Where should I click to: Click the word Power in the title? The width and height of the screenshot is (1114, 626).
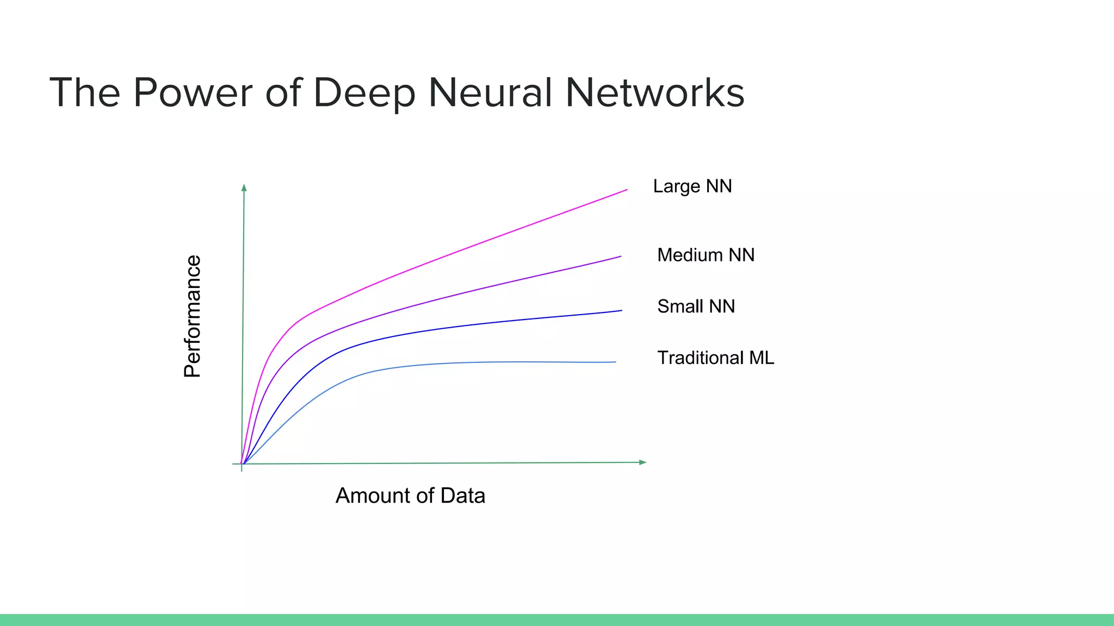(193, 93)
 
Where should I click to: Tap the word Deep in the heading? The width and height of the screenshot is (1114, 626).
(364, 93)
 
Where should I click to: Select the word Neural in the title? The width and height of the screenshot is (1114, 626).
(490, 92)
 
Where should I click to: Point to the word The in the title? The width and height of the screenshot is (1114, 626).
(84, 92)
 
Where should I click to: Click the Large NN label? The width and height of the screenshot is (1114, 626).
(692, 186)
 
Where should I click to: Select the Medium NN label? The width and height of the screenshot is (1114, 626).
(705, 255)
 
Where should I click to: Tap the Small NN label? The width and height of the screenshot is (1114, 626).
(696, 306)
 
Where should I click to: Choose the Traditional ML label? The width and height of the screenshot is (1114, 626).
(715, 358)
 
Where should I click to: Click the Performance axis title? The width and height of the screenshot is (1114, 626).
(193, 316)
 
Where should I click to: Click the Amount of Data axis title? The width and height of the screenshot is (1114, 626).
(410, 496)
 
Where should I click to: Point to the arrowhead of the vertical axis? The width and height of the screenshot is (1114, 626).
(244, 187)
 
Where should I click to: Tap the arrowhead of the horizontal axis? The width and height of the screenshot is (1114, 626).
(643, 462)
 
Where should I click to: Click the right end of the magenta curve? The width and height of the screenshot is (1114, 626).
(627, 190)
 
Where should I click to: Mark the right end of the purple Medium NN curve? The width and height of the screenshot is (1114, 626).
(620, 256)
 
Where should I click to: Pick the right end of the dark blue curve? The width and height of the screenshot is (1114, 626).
(621, 311)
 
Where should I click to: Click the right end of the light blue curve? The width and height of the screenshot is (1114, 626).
(615, 362)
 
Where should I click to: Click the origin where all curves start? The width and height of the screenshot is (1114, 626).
(242, 464)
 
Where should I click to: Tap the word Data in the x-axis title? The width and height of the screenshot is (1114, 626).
(462, 496)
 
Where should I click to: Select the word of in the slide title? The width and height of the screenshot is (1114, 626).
(283, 92)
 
